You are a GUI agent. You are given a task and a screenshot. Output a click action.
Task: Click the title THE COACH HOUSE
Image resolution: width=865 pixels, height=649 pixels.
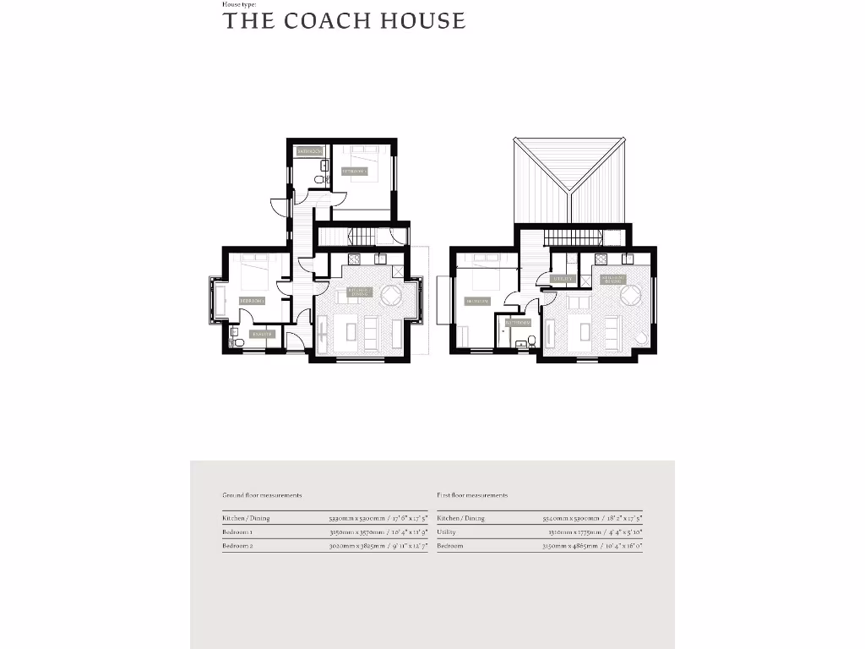point(344,21)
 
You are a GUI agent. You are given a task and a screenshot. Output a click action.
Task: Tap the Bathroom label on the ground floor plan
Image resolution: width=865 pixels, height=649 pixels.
point(310,151)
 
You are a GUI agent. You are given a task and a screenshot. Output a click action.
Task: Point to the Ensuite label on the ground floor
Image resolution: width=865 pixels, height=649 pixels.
point(262,334)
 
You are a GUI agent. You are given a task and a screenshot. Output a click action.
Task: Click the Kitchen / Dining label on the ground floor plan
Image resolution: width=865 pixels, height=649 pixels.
point(360,291)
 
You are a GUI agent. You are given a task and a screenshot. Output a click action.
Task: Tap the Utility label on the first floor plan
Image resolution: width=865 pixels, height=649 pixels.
point(563,278)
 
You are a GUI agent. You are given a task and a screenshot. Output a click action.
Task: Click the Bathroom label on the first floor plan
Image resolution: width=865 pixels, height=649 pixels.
point(518,322)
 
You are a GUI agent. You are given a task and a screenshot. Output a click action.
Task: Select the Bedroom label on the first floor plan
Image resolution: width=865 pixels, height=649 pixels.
point(476,301)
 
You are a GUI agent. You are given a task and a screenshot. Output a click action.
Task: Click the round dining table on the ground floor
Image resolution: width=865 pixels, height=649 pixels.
point(392,296)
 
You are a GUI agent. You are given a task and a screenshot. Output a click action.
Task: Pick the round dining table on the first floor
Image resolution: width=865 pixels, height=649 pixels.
point(630,296)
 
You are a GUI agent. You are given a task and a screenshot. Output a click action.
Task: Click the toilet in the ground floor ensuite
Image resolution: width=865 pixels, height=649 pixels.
point(237,341)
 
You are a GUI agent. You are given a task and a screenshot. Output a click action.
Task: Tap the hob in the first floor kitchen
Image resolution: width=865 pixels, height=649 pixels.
point(601,259)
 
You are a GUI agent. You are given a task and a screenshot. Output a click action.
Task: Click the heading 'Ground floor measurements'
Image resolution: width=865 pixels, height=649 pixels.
point(262,495)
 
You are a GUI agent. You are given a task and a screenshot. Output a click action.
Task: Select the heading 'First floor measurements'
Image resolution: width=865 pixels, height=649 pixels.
point(472,495)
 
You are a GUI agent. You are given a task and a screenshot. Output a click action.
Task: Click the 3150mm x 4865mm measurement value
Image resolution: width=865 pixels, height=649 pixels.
point(592,547)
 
